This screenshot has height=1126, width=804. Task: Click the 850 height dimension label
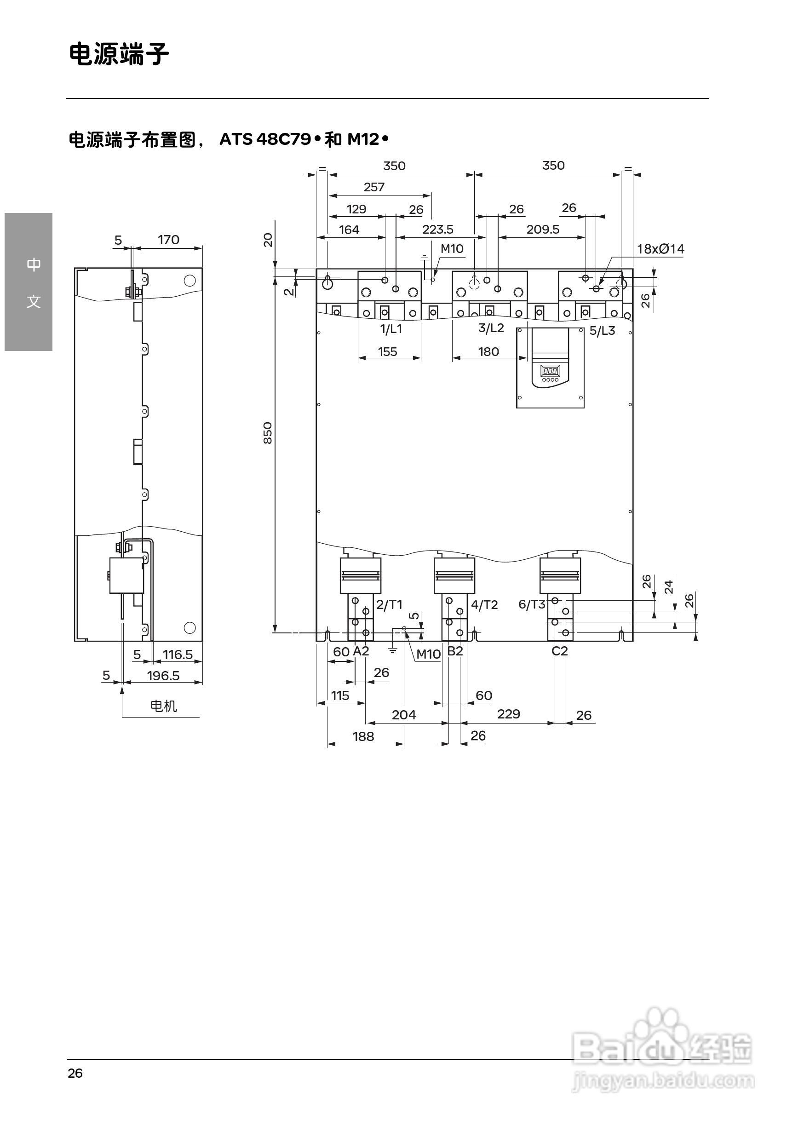[267, 433]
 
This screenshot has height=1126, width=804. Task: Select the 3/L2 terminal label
[491, 328]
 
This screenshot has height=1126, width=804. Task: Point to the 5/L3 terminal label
[602, 331]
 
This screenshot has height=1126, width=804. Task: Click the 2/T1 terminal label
[389, 605]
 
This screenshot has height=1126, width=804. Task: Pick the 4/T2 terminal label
[484, 605]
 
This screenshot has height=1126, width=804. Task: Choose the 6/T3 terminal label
[531, 605]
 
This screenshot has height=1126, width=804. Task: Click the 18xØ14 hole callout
[660, 249]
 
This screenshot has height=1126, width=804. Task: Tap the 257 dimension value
[374, 188]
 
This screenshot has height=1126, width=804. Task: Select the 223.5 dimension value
[437, 230]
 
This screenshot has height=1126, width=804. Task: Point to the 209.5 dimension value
[543, 230]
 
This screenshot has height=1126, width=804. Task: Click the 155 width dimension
[387, 352]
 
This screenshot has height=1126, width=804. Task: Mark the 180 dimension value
[488, 352]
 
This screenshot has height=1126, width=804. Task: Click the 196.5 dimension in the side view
[163, 676]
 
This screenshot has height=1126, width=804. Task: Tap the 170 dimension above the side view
[168, 240]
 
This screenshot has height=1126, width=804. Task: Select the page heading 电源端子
[119, 54]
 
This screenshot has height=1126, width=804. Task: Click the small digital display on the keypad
[550, 370]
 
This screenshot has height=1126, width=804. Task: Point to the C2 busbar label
[559, 651]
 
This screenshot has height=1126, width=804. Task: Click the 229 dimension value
[508, 714]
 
